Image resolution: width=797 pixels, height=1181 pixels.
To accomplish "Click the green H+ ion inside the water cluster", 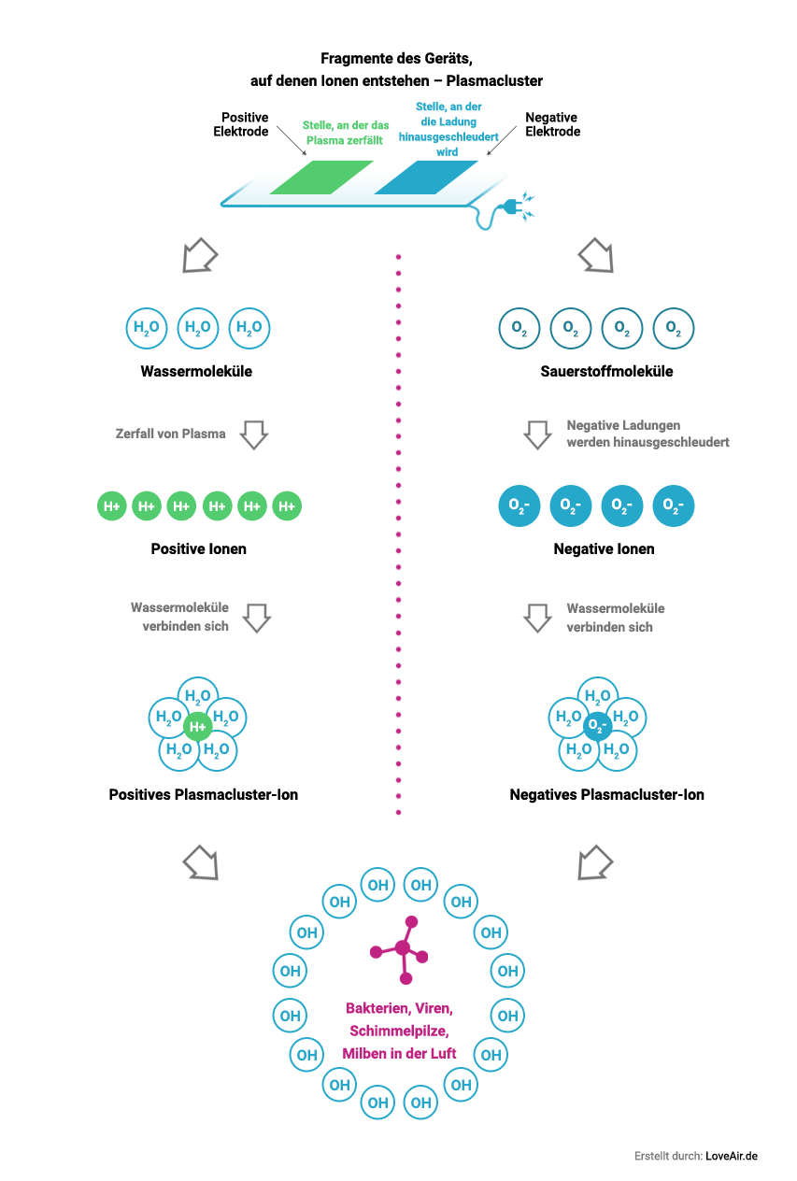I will (197, 726).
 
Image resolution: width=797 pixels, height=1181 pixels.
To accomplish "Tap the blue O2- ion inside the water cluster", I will (597, 725).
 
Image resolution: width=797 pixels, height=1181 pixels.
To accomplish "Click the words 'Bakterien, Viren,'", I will (399, 1009).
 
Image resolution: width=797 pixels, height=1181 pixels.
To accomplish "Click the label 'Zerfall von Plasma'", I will (170, 434).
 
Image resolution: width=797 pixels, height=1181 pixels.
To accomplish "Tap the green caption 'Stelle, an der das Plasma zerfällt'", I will (345, 133).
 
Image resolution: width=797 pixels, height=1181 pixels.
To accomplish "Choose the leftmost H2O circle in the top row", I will (147, 328).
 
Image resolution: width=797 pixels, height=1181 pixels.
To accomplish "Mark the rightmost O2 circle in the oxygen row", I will (673, 329).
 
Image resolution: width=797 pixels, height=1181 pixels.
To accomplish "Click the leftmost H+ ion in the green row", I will (111, 506).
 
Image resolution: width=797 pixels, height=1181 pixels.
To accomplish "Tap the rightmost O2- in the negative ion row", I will (673, 505).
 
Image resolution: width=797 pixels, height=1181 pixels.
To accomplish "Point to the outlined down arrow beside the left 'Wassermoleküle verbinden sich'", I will (257, 618).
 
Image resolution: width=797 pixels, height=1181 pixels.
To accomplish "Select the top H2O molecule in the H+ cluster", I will (197, 696).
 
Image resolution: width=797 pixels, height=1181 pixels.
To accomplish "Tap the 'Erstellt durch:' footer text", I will (668, 1156).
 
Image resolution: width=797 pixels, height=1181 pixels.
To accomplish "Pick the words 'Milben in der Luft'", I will (399, 1053).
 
